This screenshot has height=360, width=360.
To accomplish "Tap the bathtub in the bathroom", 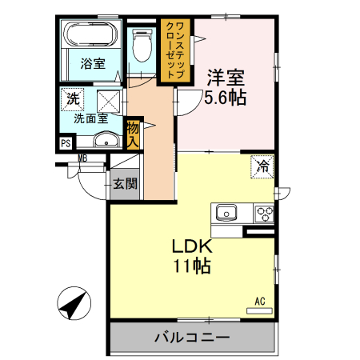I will [91, 35].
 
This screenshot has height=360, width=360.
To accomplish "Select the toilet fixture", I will [142, 45].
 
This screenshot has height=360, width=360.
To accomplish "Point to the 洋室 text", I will [225, 78].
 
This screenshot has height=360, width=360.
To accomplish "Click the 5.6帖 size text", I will [225, 98].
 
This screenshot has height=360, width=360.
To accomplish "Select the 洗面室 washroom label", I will [90, 118].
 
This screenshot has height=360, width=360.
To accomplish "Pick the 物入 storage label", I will [133, 134].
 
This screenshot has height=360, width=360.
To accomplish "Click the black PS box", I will [65, 145].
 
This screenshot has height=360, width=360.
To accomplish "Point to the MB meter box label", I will [82, 158].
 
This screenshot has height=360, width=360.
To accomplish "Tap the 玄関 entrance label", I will [124, 183].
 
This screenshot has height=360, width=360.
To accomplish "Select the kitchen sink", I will [226, 214].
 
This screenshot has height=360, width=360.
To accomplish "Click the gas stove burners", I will [265, 214].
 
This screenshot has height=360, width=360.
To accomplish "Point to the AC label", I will [259, 301].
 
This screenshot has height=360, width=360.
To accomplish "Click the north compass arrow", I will [73, 304].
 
